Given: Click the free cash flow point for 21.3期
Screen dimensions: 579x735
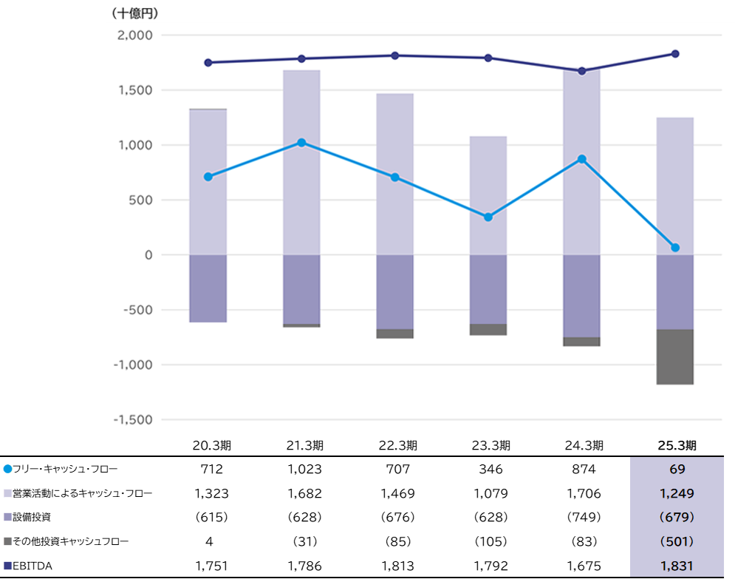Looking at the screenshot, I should pyautogui.click(x=301, y=143).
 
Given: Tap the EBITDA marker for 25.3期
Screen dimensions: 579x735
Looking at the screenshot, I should pyautogui.click(x=675, y=54).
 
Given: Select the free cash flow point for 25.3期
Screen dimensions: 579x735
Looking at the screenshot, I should pyautogui.click(x=675, y=248).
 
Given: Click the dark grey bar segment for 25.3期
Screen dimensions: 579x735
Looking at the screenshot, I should pyautogui.click(x=675, y=356).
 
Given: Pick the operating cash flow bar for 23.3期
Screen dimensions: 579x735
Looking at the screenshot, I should pyautogui.click(x=488, y=195).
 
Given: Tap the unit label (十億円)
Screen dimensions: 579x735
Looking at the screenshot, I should pyautogui.click(x=135, y=13).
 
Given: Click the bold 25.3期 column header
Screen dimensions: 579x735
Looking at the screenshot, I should pyautogui.click(x=675, y=445).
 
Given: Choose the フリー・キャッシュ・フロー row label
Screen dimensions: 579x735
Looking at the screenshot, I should pyautogui.click(x=65, y=469).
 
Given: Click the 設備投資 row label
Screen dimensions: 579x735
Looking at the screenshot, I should pyautogui.click(x=35, y=518).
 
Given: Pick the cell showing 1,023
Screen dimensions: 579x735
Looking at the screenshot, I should pyautogui.click(x=301, y=469).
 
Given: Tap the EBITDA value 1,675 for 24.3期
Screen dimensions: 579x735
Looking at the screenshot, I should pyautogui.click(x=582, y=566).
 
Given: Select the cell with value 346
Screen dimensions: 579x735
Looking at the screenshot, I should pyautogui.click(x=488, y=469).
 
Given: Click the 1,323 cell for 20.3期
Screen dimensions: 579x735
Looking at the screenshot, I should pyautogui.click(x=208, y=493).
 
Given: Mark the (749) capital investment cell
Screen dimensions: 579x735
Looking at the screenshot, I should pyautogui.click(x=582, y=518).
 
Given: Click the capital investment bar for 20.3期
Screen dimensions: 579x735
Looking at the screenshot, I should pyautogui.click(x=208, y=288).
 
